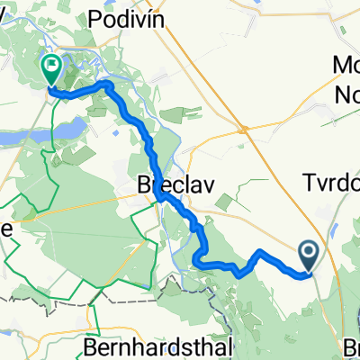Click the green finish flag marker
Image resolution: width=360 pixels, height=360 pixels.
pos(50,64)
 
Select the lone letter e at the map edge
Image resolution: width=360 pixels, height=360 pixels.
pos(6,229)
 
